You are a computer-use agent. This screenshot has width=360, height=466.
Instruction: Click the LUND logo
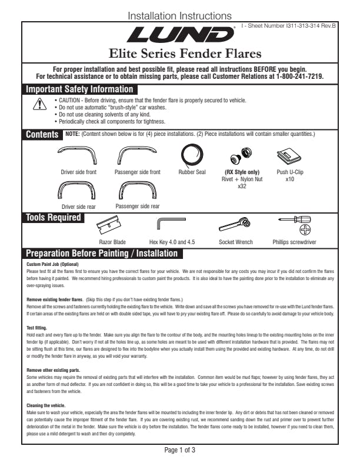tap(181, 36)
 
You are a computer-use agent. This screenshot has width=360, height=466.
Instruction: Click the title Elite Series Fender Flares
tap(181, 54)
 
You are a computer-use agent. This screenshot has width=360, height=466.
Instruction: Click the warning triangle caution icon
tap(39, 105)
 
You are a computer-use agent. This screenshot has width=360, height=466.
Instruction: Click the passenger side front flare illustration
tap(136, 155)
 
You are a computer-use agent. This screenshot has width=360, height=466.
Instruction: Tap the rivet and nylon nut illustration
tap(239, 155)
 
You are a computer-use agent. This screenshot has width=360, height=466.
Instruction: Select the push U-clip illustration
tap(289, 155)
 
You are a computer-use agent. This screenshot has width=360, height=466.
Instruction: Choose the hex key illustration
tap(171, 225)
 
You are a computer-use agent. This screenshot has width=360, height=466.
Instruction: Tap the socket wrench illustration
tap(235, 225)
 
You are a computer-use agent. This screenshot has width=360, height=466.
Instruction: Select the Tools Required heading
tap(53, 218)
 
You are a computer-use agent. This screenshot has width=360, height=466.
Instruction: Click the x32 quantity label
tap(242, 185)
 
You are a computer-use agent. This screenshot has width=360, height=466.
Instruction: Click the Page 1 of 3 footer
tap(179, 451)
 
